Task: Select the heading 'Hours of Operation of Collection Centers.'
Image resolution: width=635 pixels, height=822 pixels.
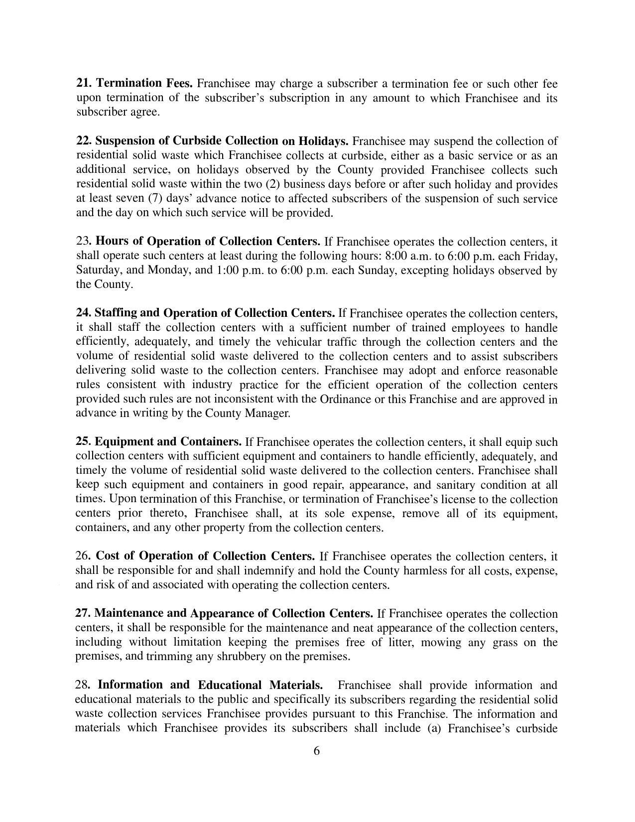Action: pos(208,242)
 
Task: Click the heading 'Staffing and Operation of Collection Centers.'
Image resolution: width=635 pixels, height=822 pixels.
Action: pos(215,313)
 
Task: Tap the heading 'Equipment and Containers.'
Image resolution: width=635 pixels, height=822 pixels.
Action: pos(168,441)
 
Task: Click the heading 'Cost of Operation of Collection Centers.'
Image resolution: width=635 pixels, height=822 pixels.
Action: pos(205,556)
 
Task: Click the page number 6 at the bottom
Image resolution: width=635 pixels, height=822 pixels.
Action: pos(317,751)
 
